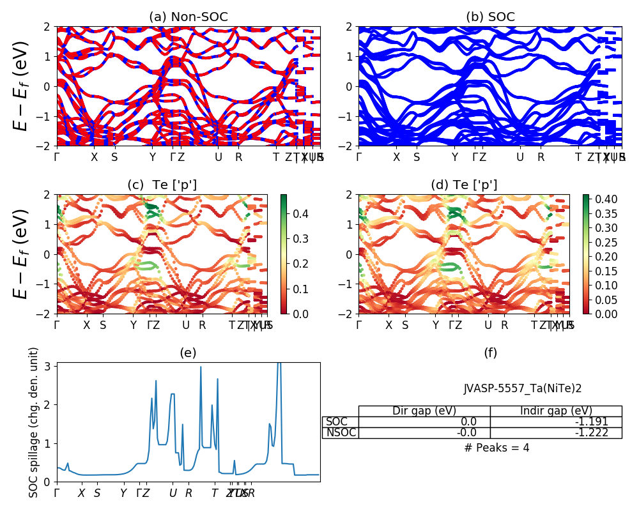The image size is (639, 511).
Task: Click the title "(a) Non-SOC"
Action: pos(189,17)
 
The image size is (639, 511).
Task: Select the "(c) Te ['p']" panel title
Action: pos(162,185)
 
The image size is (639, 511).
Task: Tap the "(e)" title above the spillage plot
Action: pos(189,353)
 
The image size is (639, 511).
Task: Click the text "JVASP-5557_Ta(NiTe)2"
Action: pos(522,388)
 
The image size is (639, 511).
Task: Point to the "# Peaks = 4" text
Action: pos(497,448)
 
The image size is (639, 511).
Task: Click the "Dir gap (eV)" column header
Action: pos(424,411)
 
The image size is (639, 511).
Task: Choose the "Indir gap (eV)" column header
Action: pos(556,411)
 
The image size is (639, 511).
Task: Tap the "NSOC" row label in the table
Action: pos(340,432)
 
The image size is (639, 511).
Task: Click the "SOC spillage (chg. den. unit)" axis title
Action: pos(35,422)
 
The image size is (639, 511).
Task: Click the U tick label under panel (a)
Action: pos(219,157)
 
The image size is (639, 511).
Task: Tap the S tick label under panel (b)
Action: pos(417,157)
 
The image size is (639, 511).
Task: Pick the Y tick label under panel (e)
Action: pos(123,493)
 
